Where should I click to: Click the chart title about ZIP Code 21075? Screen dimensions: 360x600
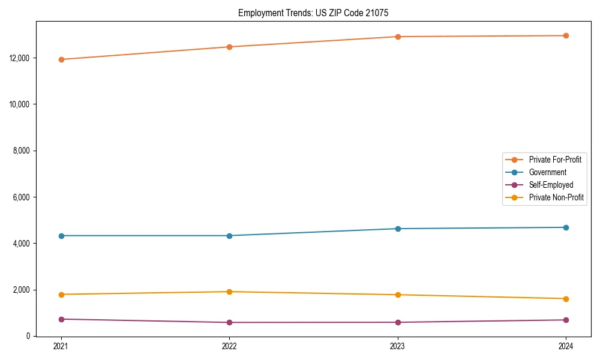click(313, 13)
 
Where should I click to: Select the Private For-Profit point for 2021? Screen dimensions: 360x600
click(61, 59)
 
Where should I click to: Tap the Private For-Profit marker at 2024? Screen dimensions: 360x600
click(566, 35)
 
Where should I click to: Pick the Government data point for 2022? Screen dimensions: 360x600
click(229, 236)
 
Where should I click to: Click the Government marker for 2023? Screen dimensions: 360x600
click(398, 229)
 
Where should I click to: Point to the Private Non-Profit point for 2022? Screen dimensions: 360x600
click(229, 292)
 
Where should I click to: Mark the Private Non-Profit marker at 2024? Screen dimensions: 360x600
click(566, 299)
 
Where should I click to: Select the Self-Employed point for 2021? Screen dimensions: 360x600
click(61, 319)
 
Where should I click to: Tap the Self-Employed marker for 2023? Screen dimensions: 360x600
click(398, 322)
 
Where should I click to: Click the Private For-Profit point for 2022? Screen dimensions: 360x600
click(229, 47)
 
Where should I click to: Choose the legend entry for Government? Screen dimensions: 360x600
click(547, 172)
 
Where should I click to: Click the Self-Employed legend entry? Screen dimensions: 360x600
click(551, 185)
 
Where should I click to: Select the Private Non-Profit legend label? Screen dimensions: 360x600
click(556, 197)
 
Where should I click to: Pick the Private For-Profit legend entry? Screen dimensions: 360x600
click(555, 160)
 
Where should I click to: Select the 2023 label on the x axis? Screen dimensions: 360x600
click(398, 346)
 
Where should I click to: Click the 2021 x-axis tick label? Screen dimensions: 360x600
click(61, 346)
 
